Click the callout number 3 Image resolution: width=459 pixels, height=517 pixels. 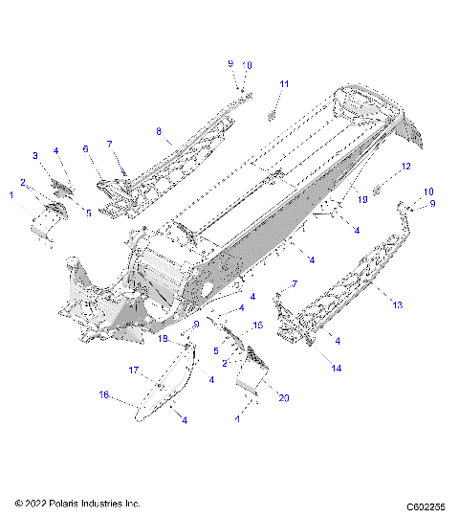(35, 155)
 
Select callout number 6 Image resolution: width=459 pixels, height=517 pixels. (85, 149)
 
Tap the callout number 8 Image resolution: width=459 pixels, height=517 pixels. (160, 129)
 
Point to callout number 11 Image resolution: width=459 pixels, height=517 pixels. (283, 85)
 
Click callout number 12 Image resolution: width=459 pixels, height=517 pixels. (405, 167)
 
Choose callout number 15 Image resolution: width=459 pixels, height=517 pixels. (256, 327)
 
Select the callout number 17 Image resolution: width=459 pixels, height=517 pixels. (134, 370)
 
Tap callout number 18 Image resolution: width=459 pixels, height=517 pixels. (163, 339)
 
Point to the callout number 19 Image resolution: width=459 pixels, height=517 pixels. (361, 201)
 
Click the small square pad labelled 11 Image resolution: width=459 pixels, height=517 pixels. (271, 114)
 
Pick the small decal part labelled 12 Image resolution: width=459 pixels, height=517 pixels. (378, 188)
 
